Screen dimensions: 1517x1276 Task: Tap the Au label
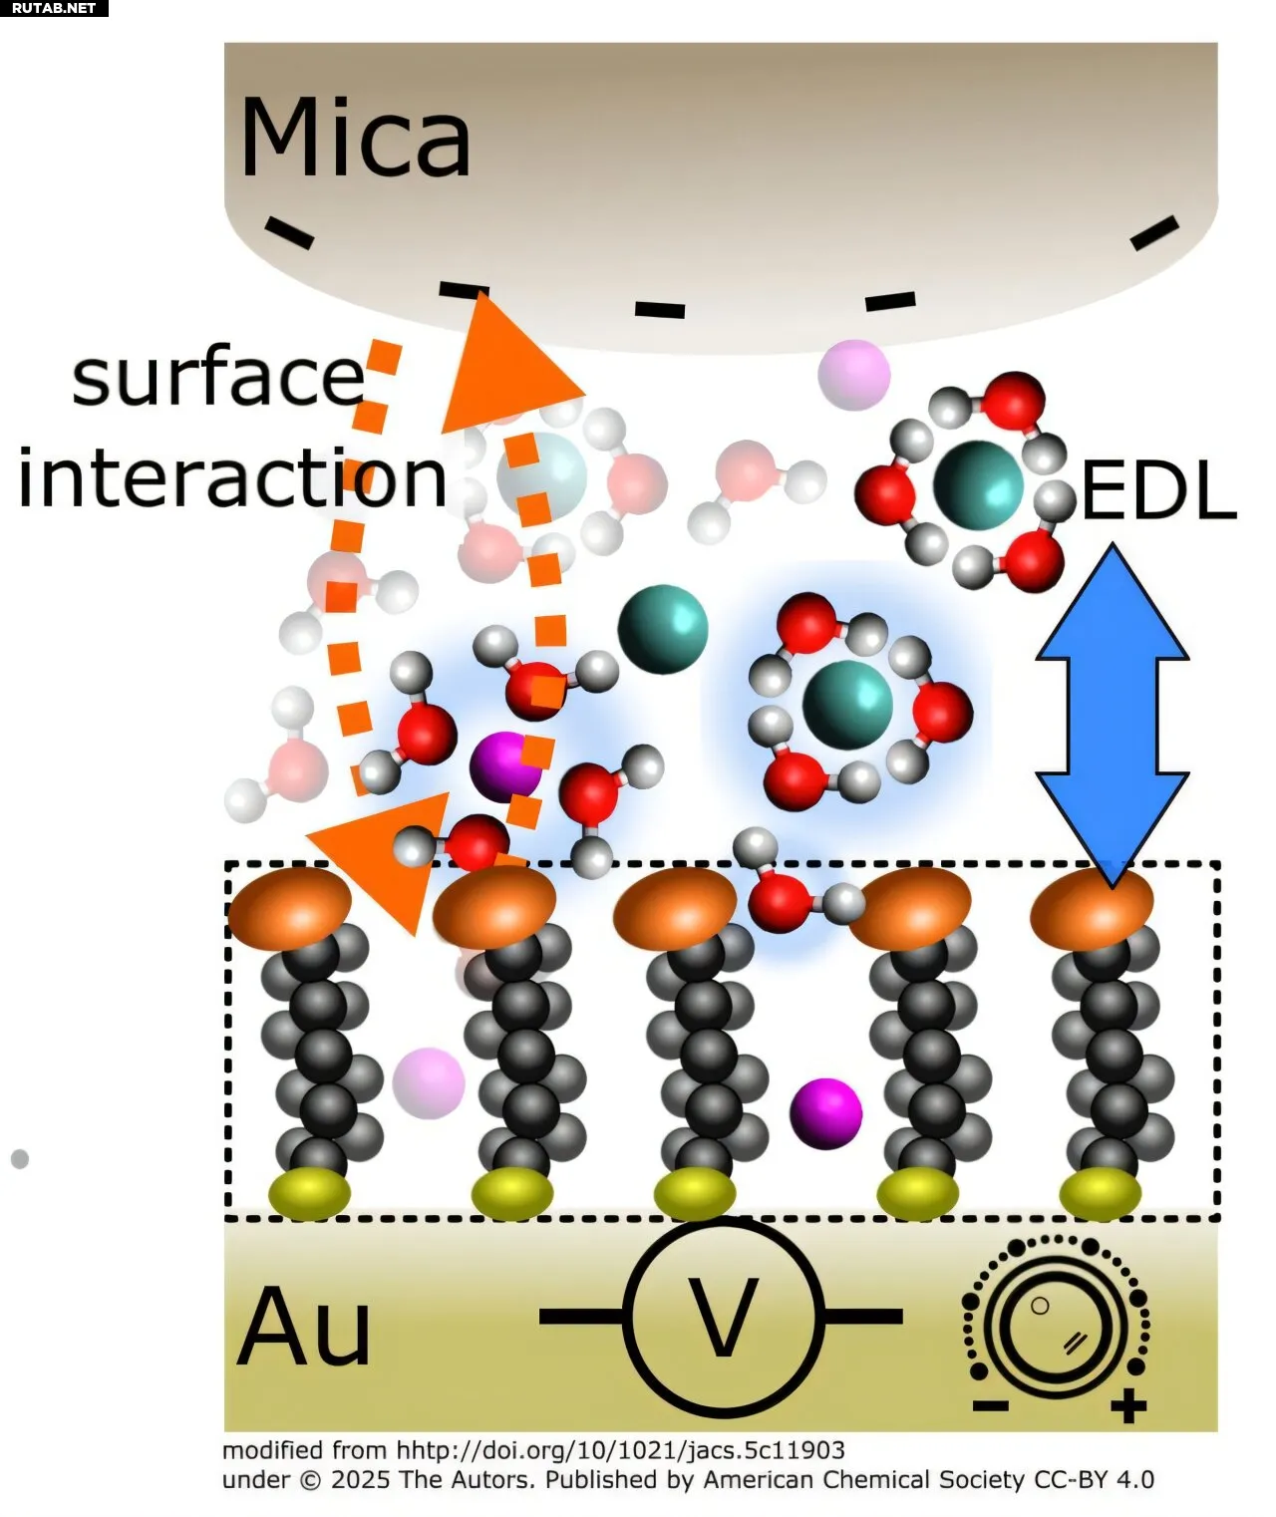coord(304,1327)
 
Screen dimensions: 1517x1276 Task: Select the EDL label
coord(1158,491)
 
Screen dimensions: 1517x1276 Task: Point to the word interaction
coord(232,478)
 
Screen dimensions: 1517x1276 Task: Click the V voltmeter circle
coord(724,1317)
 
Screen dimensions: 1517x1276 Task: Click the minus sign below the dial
coord(990,1406)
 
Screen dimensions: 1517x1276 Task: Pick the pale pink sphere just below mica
coord(853,375)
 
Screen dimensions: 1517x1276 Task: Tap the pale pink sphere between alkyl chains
coord(429,1082)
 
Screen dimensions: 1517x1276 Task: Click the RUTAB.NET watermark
coord(54,8)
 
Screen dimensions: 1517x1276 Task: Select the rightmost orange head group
coord(1092,907)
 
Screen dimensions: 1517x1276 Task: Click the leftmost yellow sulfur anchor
coord(310,1194)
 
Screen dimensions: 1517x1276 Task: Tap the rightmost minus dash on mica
coord(1155,233)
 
